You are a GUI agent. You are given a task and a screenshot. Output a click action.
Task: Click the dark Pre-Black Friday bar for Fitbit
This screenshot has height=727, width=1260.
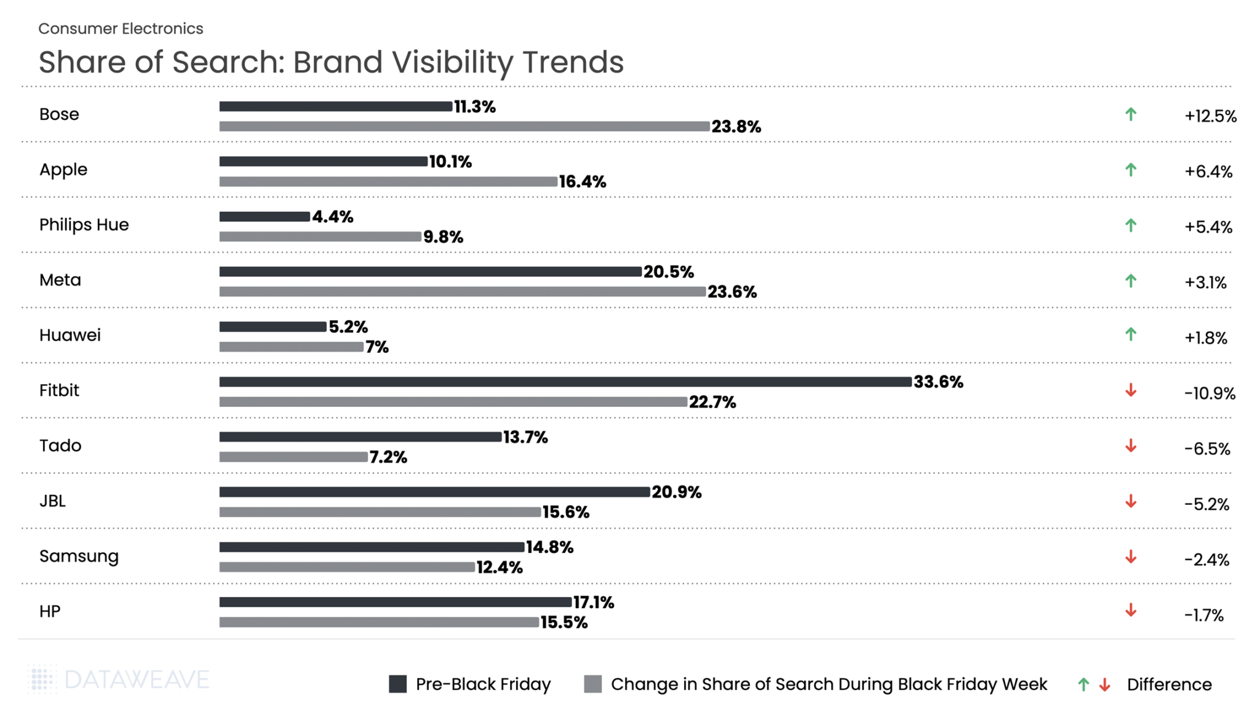click(x=565, y=382)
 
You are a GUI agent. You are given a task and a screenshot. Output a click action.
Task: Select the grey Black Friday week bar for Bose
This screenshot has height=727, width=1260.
click(x=464, y=126)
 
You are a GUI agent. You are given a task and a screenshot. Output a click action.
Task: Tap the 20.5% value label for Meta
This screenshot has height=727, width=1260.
click(x=668, y=271)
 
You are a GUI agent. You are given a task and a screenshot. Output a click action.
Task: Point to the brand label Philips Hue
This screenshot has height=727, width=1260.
click(x=84, y=225)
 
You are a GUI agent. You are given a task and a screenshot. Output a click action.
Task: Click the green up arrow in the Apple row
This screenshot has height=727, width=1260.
click(x=1130, y=170)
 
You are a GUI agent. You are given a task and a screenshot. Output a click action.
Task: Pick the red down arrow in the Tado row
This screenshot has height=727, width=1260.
click(x=1130, y=446)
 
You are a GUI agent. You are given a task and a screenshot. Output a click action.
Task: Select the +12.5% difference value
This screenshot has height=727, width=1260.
click(x=1210, y=116)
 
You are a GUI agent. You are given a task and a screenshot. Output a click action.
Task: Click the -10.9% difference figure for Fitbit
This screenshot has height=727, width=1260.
click(x=1209, y=393)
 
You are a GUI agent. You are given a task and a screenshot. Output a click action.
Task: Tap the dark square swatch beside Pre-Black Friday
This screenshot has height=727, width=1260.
click(x=397, y=684)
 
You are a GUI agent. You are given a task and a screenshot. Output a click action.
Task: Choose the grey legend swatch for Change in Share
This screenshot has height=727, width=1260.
click(x=592, y=684)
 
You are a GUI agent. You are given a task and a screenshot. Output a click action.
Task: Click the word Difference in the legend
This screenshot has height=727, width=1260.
click(x=1169, y=685)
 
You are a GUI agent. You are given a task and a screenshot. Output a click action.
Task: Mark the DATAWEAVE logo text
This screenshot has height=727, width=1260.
click(x=137, y=680)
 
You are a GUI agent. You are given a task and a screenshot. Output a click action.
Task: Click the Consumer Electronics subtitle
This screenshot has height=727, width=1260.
click(x=121, y=28)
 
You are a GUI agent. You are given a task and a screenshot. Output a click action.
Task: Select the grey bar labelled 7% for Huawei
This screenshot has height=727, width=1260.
click(x=291, y=347)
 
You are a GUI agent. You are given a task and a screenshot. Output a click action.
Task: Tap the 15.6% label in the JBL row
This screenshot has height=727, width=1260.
click(x=565, y=512)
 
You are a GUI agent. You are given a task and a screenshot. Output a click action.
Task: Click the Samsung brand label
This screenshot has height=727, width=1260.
click(x=79, y=556)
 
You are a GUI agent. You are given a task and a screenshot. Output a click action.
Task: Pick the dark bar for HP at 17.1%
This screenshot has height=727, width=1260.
click(x=395, y=602)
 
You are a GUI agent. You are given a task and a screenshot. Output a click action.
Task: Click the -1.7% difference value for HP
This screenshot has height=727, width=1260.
click(x=1203, y=615)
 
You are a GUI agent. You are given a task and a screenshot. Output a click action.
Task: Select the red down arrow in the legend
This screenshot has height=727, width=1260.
click(x=1105, y=685)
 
